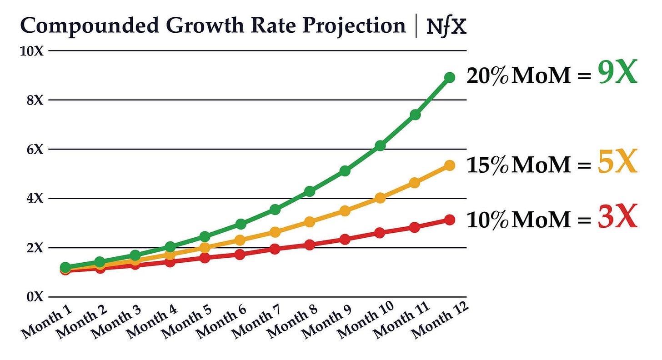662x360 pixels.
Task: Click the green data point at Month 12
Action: pos(450,77)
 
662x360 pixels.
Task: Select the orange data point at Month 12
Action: pos(450,165)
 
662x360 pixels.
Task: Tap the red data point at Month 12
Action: pos(450,220)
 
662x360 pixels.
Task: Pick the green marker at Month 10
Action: pos(380,145)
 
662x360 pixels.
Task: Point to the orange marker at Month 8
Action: pos(310,222)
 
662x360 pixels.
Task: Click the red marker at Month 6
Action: pos(240,254)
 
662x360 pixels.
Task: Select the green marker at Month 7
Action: pos(275,210)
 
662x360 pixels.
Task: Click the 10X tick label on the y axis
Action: pos(31,51)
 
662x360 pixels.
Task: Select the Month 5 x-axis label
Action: pos(187,321)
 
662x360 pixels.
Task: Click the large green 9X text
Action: pos(618,74)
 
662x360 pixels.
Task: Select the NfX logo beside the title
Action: pos(446,27)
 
